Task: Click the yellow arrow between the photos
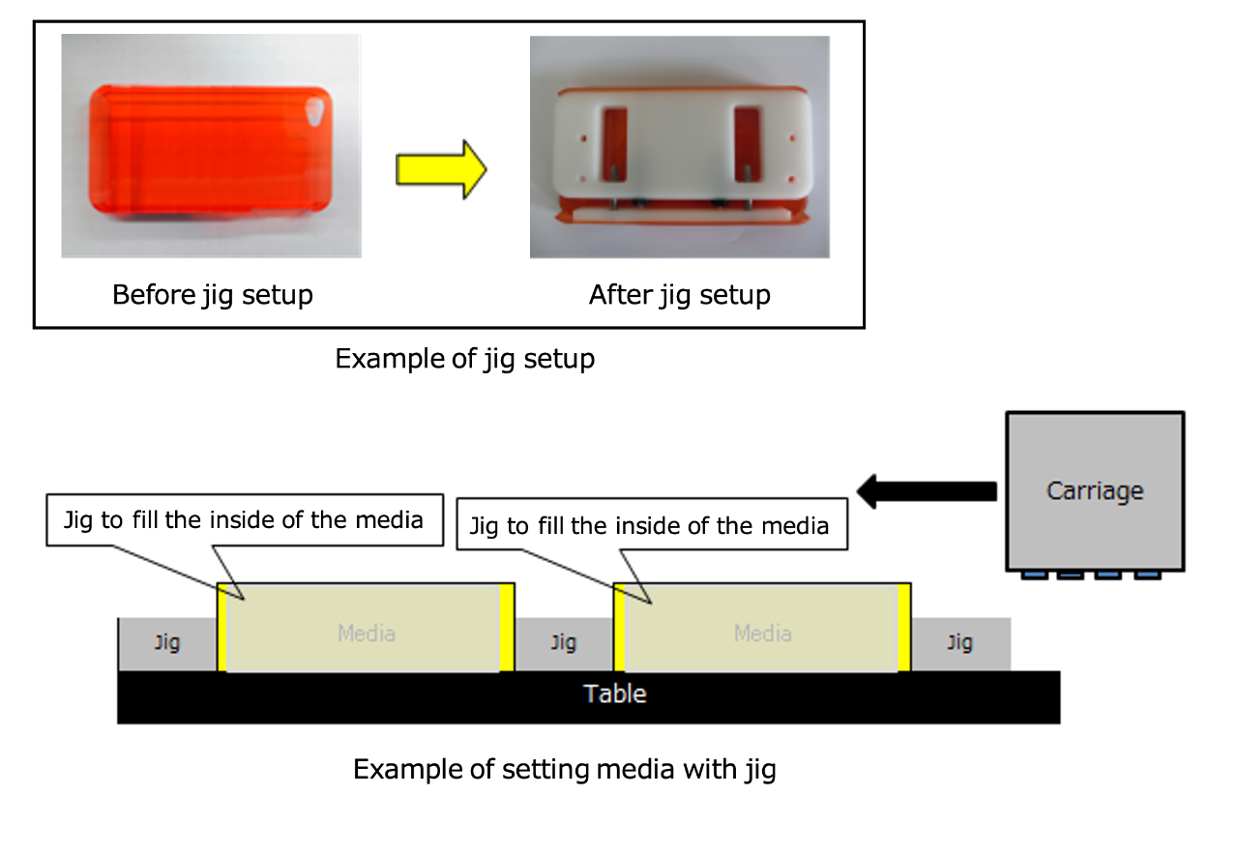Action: coord(441,169)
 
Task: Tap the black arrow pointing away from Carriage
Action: coord(927,491)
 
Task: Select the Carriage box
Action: coord(1095,491)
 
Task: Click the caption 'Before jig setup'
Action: coord(213,295)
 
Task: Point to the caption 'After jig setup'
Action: coord(679,295)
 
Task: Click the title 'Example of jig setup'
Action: coord(465,359)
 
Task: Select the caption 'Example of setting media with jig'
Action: coord(564,769)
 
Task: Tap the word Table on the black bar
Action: coord(614,693)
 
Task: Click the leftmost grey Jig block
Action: coord(167,644)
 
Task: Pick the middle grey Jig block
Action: coord(564,644)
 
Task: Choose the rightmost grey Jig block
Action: coord(960,644)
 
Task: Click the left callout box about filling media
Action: coord(245,520)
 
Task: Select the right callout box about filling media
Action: coord(652,524)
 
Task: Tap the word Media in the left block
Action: coord(367,633)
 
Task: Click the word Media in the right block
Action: coord(763,633)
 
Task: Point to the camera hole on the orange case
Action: coord(315,111)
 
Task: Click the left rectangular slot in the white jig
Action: coord(614,144)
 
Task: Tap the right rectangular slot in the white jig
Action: coord(747,144)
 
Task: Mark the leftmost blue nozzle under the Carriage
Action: coord(1034,575)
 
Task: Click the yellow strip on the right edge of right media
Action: coord(904,628)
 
